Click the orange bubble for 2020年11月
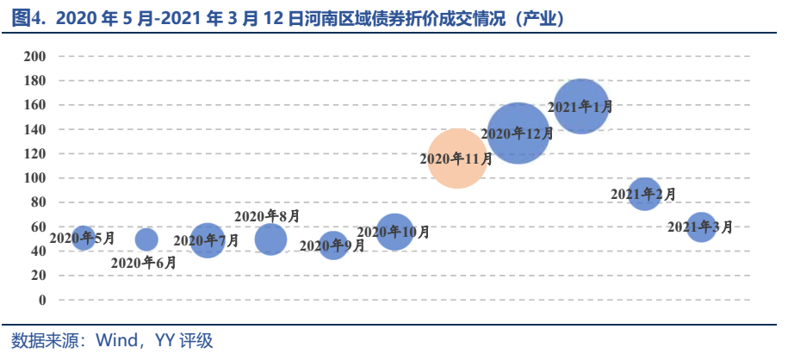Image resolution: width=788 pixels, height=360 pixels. tap(457, 158)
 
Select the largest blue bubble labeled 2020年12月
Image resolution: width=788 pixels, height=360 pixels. tap(518, 133)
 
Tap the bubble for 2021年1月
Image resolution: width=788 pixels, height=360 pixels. tap(582, 106)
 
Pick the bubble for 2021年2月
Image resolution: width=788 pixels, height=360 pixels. tap(644, 195)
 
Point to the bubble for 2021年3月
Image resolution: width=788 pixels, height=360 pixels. tap(701, 227)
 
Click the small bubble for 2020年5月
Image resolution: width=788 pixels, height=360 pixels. tap(83, 238)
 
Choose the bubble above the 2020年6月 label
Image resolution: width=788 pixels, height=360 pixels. tap(146, 239)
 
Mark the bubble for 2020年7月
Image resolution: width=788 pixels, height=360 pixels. tap(207, 240)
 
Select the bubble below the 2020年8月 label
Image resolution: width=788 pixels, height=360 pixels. tap(270, 239)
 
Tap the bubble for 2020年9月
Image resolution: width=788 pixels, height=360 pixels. tap(332, 245)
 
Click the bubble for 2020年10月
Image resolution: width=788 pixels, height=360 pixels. tap(394, 233)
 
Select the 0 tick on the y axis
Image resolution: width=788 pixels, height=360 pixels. tap(41, 300)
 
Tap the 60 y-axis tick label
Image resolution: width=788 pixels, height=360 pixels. tap(38, 227)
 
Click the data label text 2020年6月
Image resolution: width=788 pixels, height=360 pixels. tap(144, 263)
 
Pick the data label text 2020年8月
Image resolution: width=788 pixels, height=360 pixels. tap(267, 216)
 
